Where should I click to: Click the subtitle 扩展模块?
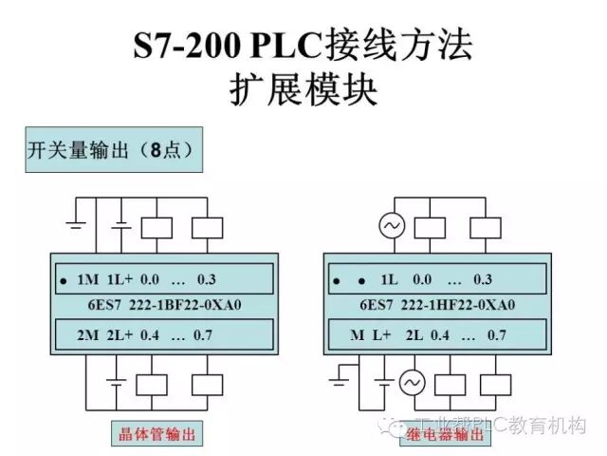click(303, 90)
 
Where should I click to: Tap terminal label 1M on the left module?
click(88, 280)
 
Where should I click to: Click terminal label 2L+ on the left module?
click(119, 334)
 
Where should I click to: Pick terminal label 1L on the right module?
click(389, 280)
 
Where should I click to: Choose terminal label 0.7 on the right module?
click(497, 334)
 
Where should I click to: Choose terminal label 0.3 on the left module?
click(208, 280)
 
